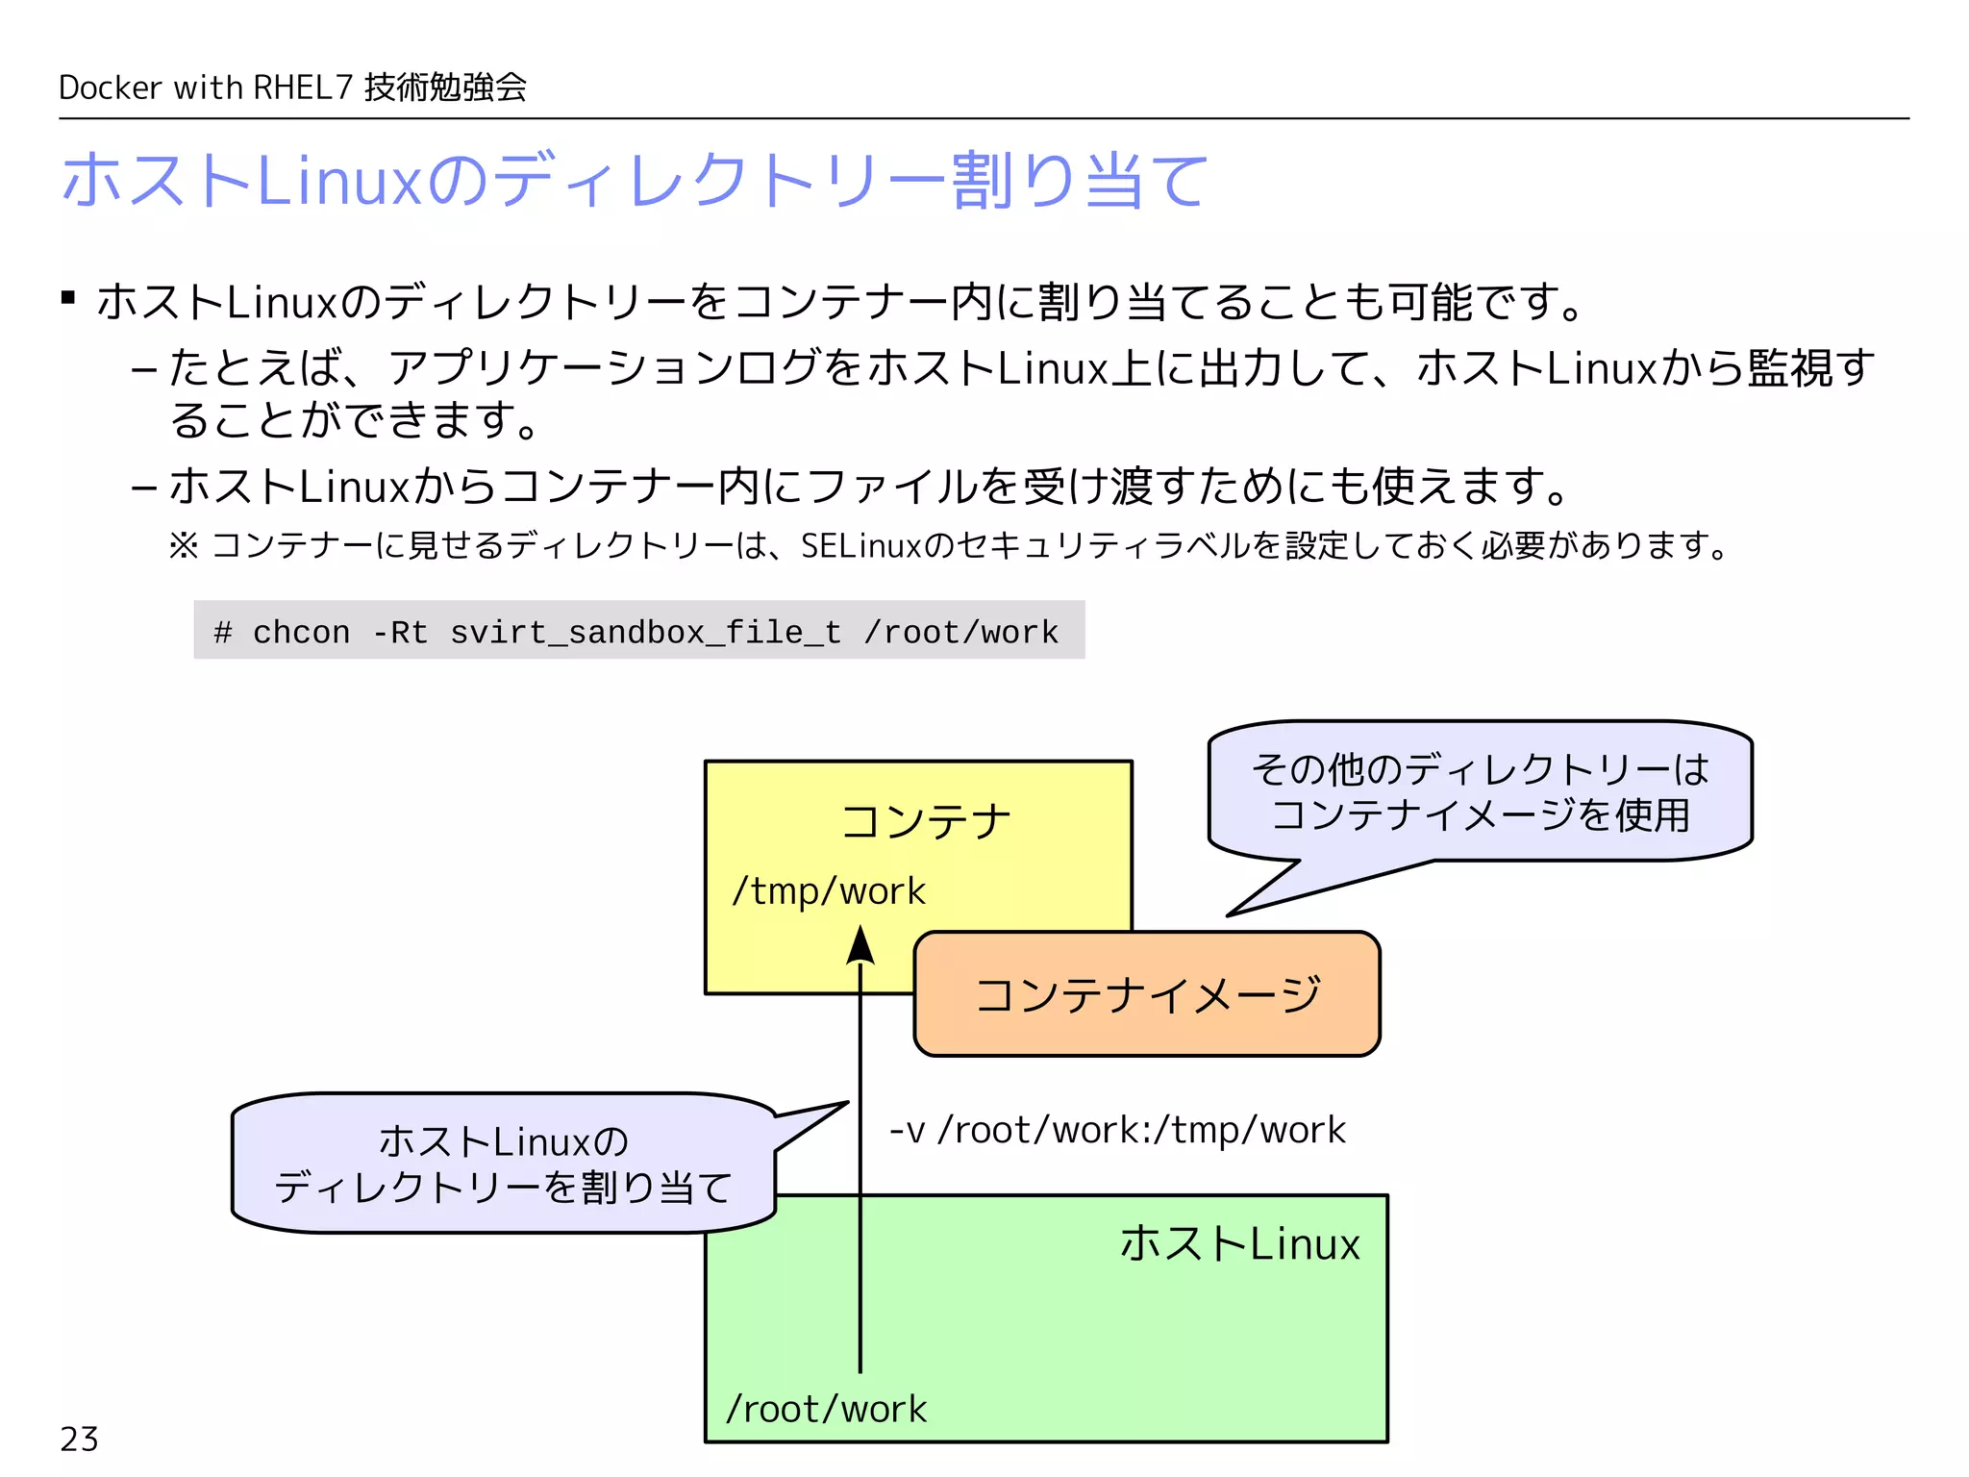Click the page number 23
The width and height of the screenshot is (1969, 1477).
tap(79, 1439)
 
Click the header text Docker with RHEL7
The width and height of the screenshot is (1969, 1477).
tap(206, 88)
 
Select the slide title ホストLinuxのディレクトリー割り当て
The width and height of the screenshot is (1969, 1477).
tap(635, 180)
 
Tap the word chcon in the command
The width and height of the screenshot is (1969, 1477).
tap(301, 633)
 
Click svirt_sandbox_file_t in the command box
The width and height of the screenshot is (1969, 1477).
tap(645, 633)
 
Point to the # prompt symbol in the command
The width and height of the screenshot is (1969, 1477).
tap(223, 633)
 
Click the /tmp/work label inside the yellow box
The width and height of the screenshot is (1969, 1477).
tap(828, 891)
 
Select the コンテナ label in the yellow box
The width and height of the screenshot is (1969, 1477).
tap(926, 822)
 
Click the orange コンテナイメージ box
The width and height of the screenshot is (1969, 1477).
tap(1147, 994)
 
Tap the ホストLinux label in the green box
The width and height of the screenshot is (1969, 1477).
tap(1239, 1243)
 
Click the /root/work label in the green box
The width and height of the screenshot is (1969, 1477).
tap(826, 1409)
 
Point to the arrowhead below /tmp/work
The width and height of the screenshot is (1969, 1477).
tap(860, 945)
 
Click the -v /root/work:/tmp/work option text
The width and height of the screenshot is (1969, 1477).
tap(1117, 1130)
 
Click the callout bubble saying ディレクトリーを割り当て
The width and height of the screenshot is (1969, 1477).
tap(503, 1164)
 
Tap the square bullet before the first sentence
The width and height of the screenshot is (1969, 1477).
tap(68, 298)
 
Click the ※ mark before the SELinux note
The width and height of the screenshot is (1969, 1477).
tap(183, 546)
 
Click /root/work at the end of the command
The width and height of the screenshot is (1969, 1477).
tap(960, 633)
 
